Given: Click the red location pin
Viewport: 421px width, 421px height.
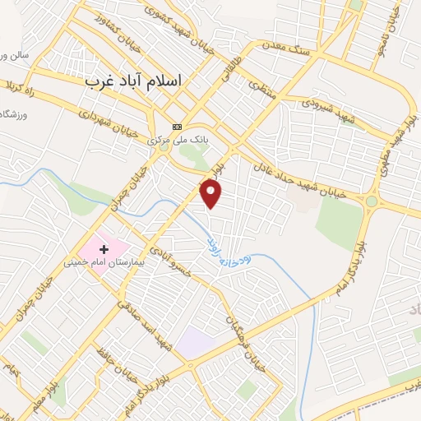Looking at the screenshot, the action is (x=212, y=193).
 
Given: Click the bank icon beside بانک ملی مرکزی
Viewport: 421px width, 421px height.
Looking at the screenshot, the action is (x=177, y=127).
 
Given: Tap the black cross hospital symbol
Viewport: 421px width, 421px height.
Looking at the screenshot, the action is (x=104, y=248).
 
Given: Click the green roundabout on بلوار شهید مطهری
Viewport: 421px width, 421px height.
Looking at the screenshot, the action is (x=372, y=201).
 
